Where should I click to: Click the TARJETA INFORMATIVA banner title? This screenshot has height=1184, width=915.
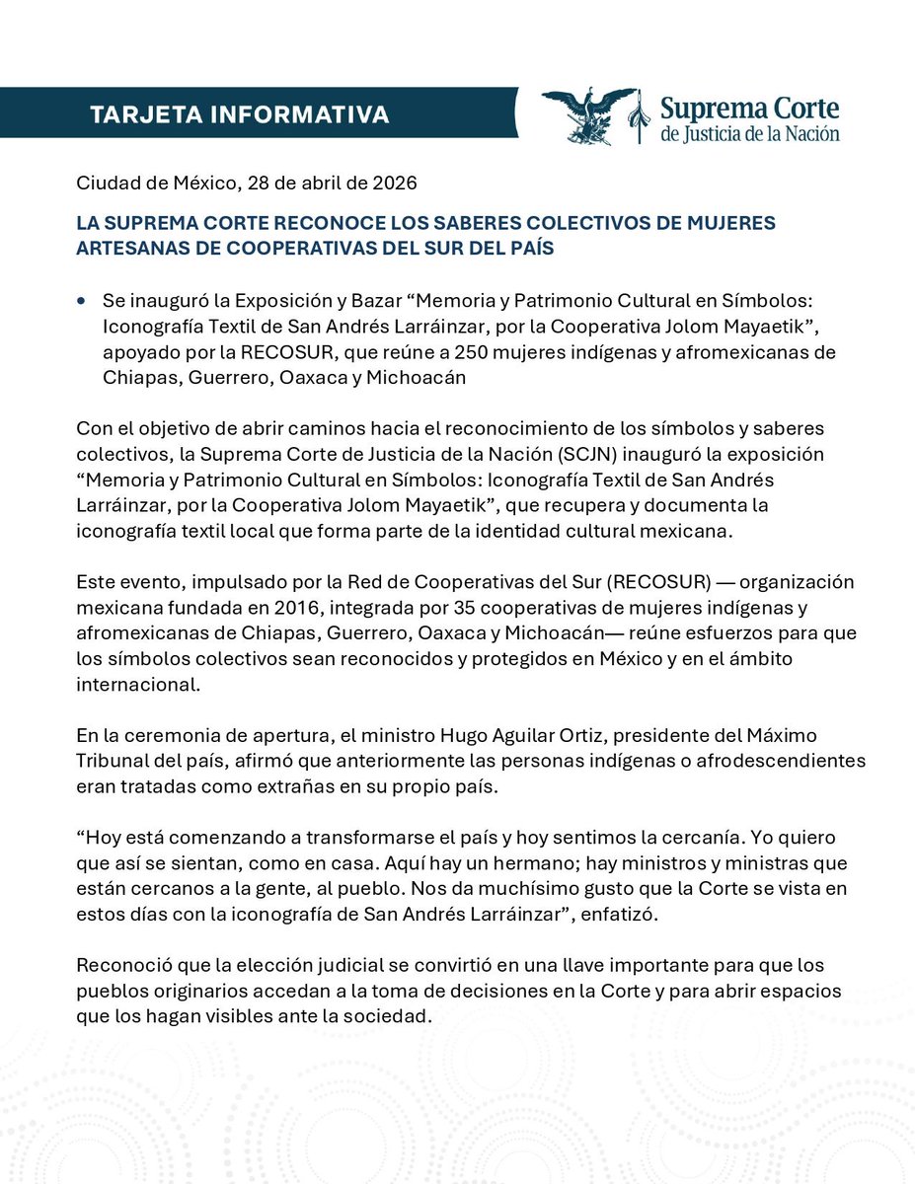(239, 114)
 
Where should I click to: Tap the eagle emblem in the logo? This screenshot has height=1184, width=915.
(589, 114)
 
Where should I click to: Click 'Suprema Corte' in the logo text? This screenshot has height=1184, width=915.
(750, 107)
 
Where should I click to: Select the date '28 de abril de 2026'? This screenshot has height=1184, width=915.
(323, 183)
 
